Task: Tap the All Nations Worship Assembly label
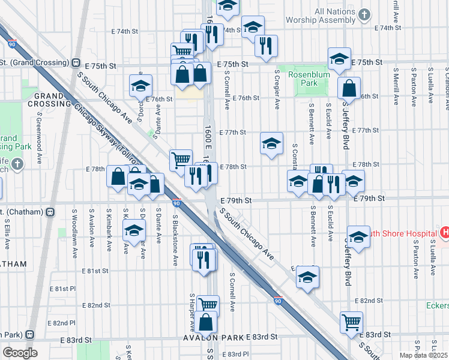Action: [x=343, y=16]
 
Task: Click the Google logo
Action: [x=20, y=353]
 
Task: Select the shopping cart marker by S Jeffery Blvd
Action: [x=351, y=322]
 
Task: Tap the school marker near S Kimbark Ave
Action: [x=134, y=230]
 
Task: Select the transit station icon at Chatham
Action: [x=50, y=211]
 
